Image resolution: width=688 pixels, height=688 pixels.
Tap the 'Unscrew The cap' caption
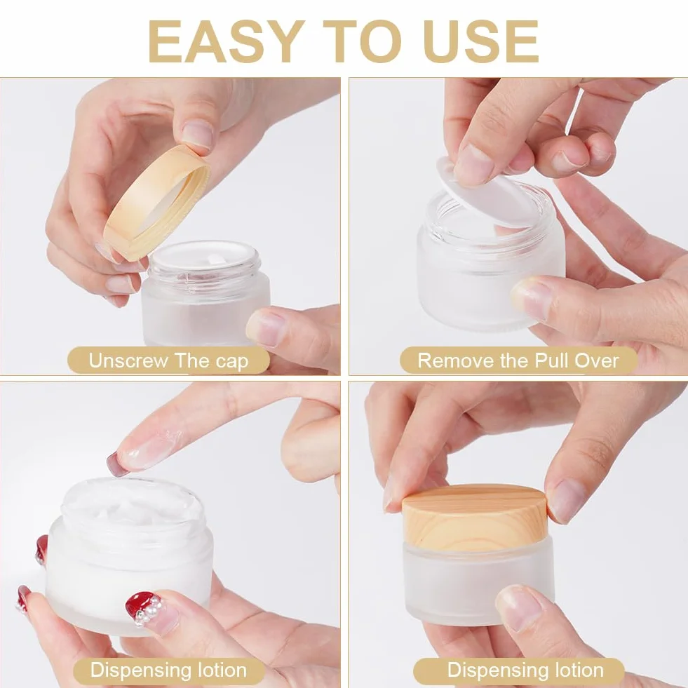[168, 360]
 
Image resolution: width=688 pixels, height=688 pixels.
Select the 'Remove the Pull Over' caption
[518, 360]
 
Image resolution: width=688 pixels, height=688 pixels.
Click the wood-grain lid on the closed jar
[475, 517]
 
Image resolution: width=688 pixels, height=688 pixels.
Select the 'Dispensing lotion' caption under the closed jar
[525, 670]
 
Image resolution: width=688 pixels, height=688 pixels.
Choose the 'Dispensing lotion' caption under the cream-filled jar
[168, 670]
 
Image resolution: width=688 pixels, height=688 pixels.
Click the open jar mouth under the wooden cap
[205, 257]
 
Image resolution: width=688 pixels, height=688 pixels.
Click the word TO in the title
[363, 41]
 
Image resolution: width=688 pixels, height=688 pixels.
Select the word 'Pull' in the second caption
[551, 361]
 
